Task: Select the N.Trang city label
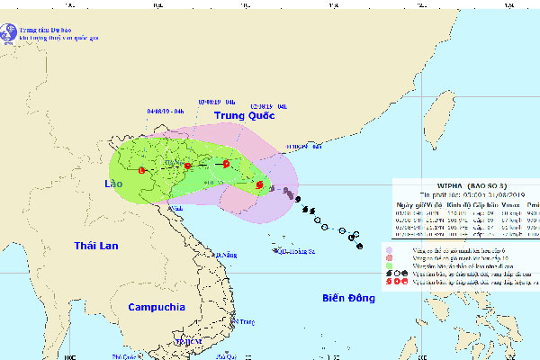(x=244, y=319)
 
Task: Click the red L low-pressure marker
(x=142, y=170)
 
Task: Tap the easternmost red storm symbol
(x=259, y=185)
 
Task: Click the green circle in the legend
(x=389, y=266)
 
